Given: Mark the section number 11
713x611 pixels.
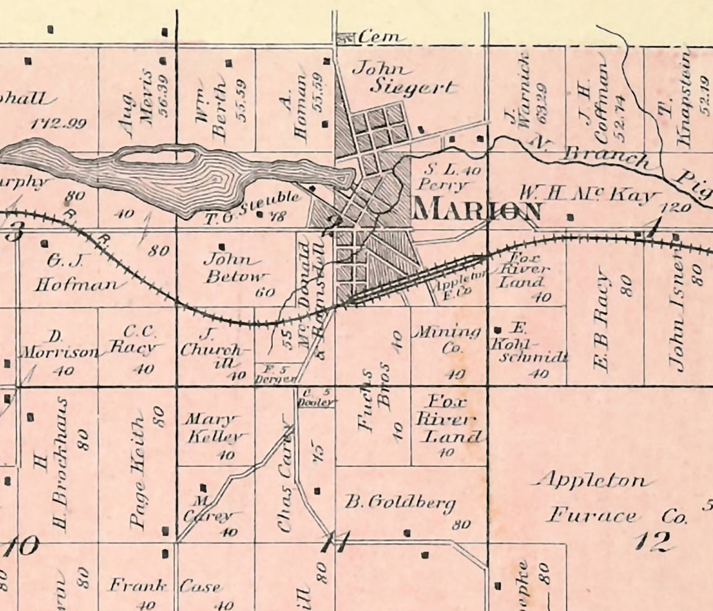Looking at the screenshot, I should [335, 542].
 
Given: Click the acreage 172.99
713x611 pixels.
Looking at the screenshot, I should [58, 124].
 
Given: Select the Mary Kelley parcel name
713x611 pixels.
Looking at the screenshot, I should [213, 428].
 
